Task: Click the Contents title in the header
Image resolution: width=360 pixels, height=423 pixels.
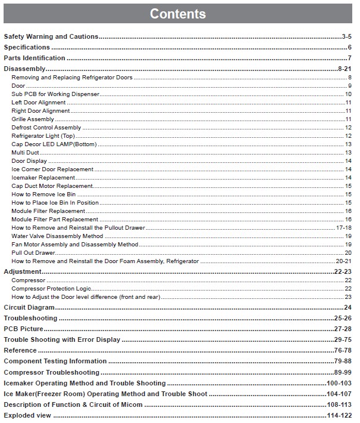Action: point(178,14)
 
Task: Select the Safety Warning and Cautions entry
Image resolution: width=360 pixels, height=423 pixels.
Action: point(51,36)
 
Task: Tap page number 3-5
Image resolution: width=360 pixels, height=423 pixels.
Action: point(346,36)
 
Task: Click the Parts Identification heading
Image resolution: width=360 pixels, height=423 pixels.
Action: point(35,58)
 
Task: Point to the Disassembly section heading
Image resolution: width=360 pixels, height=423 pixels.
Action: point(24,69)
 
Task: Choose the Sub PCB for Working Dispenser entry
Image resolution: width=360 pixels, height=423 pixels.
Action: point(55,94)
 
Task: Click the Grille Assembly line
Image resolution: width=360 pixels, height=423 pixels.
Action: point(33,119)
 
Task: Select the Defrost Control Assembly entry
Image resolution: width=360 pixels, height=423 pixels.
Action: point(46,128)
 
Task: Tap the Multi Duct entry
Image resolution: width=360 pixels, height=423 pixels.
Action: point(26,153)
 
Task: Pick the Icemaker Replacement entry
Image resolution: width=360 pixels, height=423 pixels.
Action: point(43,178)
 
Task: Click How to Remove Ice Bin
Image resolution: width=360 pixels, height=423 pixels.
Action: point(44,194)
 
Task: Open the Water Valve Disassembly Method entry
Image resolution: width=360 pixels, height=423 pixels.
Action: point(57,236)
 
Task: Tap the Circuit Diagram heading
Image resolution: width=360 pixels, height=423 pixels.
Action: point(29,307)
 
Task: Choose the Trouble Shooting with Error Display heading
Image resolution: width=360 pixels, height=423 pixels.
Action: point(62,339)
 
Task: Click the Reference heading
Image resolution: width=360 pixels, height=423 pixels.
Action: point(20,350)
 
